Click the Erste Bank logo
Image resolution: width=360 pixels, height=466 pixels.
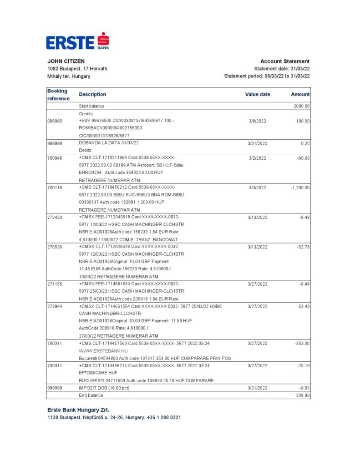click(77, 41)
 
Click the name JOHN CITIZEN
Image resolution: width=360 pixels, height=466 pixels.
click(66, 61)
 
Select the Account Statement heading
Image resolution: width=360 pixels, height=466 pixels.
click(285, 61)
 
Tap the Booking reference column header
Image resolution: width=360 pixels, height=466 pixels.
click(58, 95)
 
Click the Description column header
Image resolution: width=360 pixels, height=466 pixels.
click(92, 95)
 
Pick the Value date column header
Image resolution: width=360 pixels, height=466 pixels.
click(257, 95)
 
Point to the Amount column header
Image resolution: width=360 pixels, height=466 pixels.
click(300, 95)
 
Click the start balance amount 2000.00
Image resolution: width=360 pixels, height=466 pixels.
click(301, 106)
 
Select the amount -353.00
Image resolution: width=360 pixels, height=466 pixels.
click(302, 343)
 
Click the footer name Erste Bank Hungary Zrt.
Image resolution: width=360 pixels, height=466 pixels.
click(78, 410)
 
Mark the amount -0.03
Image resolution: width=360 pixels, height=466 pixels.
click(304, 388)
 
